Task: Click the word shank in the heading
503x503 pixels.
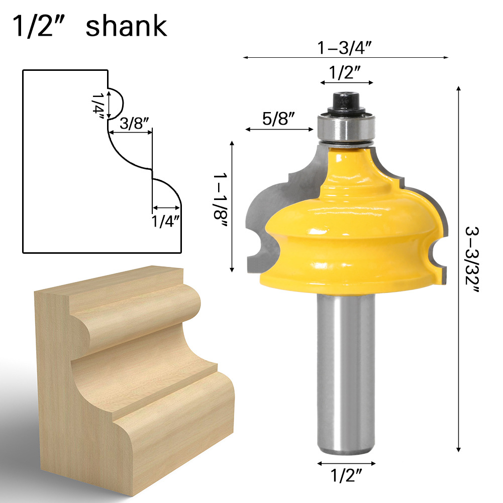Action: coord(126,26)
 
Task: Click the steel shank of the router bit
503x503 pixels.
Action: coord(346,372)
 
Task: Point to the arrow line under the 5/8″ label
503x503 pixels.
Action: coord(279,130)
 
